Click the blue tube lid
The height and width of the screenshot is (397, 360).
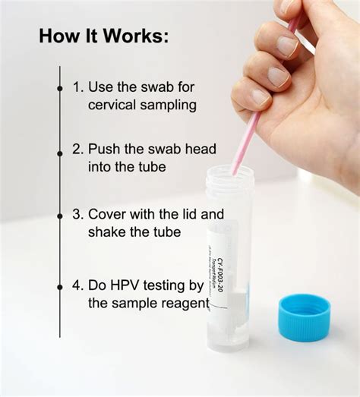tap(305, 317)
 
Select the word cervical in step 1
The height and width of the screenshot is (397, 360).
tap(113, 105)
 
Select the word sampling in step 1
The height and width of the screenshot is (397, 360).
tap(169, 105)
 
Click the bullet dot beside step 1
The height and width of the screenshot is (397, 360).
tap(60, 88)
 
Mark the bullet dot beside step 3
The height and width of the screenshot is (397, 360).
tap(60, 216)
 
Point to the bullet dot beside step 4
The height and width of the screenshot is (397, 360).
tap(60, 288)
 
